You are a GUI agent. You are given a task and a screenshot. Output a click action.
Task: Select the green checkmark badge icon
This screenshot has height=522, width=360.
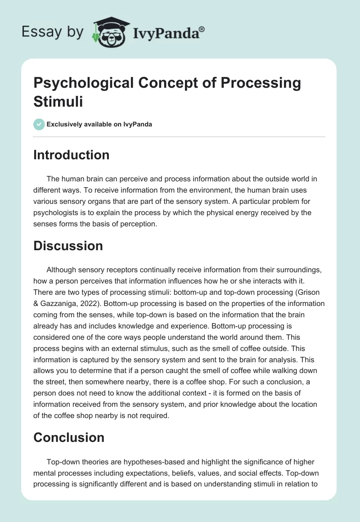[x=39, y=124]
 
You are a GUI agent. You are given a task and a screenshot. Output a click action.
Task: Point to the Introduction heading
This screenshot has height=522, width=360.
[x=72, y=155]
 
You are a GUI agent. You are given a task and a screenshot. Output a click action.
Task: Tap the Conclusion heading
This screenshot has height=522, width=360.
[x=69, y=437]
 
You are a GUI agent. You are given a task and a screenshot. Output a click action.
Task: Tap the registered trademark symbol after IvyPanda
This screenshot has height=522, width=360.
[x=202, y=29]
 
